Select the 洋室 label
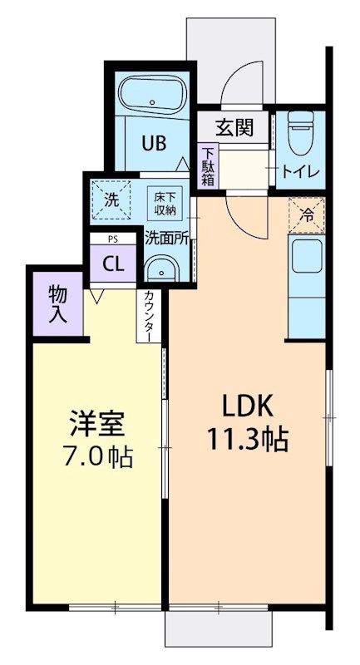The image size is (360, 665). coord(96,423)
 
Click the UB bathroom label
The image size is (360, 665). coord(152,142)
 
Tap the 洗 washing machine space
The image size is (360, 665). coord(111,199)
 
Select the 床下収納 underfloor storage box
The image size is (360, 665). coord(163,202)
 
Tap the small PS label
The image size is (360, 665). coord(113,239)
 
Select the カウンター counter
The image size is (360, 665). coord(148,315)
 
